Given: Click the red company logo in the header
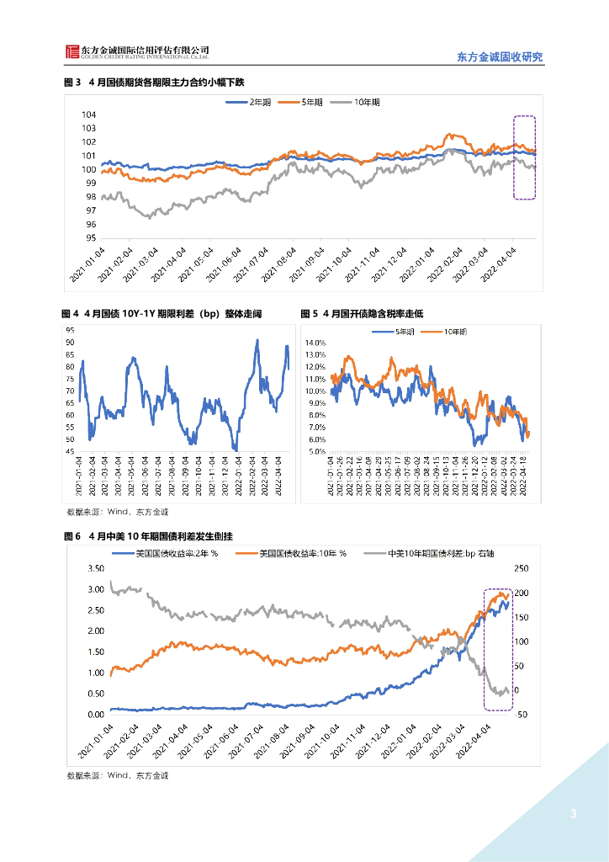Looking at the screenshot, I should point(73,52).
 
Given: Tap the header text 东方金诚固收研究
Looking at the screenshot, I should point(500,57).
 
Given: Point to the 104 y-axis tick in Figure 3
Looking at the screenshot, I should point(88,114).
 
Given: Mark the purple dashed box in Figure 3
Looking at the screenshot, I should point(524,157).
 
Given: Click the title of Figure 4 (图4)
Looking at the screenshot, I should point(162,314).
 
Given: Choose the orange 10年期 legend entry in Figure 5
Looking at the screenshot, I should point(455,332).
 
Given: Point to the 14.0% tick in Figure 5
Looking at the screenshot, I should point(315,343).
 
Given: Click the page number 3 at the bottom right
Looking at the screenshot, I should point(573,814).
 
